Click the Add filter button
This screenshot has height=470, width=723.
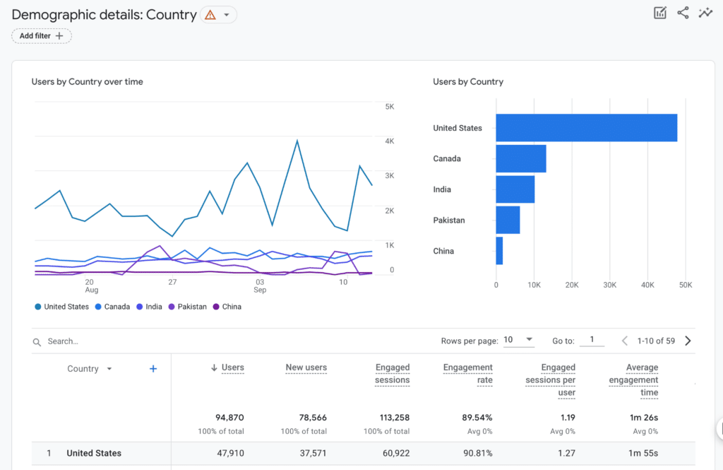pyautogui.click(x=42, y=36)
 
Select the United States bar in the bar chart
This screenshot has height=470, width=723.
pyautogui.click(x=586, y=128)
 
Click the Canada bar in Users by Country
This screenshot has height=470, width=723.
pyautogui.click(x=520, y=158)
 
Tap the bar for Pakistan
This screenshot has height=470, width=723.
pyautogui.click(x=508, y=220)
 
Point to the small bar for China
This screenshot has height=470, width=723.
pyautogui.click(x=499, y=251)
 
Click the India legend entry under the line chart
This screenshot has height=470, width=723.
pyautogui.click(x=150, y=307)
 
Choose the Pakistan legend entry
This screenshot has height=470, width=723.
pyautogui.click(x=188, y=307)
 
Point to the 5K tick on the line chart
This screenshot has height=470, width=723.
pyautogui.click(x=389, y=107)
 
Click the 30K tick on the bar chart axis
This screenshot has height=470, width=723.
pyautogui.click(x=609, y=285)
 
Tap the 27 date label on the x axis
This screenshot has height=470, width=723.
pyautogui.click(x=172, y=281)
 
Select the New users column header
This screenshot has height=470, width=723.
pyautogui.click(x=306, y=368)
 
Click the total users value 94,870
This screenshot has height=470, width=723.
pyautogui.click(x=229, y=418)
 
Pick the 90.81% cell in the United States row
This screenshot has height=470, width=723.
pyautogui.click(x=477, y=453)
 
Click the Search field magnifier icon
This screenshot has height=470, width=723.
pyautogui.click(x=37, y=342)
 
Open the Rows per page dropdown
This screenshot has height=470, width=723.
pyautogui.click(x=519, y=340)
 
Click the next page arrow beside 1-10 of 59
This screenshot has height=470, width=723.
pyautogui.click(x=688, y=341)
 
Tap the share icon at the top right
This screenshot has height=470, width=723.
pyautogui.click(x=683, y=13)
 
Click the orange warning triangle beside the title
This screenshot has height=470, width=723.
pyautogui.click(x=210, y=15)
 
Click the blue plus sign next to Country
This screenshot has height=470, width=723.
pyautogui.click(x=153, y=369)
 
